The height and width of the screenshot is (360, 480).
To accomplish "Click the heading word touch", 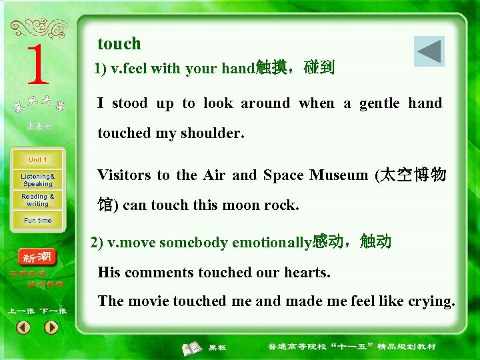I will [x=119, y=44].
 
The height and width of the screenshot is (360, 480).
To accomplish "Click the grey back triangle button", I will [x=429, y=51].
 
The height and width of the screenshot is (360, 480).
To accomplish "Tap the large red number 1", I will [x=37, y=65].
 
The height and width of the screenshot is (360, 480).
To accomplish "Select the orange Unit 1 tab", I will [x=38, y=160].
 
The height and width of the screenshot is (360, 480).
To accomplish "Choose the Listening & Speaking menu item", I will [x=38, y=180].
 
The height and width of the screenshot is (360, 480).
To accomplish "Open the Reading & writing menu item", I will [x=38, y=200].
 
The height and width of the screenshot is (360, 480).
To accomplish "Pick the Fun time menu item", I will [x=38, y=221].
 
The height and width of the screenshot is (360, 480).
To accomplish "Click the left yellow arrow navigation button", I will [x=23, y=327].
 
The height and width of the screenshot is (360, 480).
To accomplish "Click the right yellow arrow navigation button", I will [x=51, y=327].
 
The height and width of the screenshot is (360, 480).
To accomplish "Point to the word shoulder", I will [x=217, y=133].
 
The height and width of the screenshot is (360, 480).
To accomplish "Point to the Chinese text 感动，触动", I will [x=351, y=242].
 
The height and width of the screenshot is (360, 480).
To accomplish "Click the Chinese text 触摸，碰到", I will [x=295, y=68].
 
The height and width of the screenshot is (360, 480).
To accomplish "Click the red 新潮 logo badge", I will [x=37, y=257].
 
